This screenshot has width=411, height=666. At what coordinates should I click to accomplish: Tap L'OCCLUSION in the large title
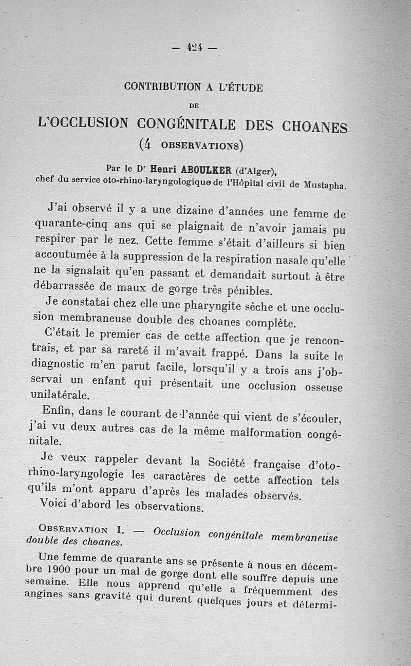(x=83, y=123)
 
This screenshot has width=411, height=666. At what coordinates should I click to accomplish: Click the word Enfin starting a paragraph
(x=59, y=411)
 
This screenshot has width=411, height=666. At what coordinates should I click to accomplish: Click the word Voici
(x=55, y=504)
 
